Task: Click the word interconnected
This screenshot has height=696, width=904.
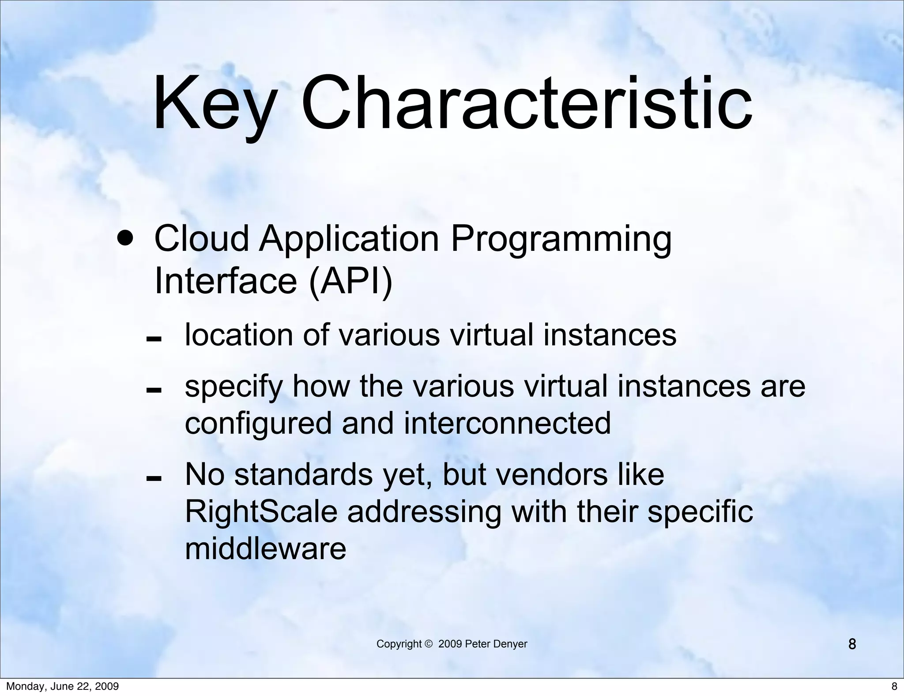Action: tap(507, 423)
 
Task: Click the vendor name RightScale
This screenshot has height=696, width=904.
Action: tap(261, 512)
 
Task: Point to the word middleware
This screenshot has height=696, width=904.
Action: tap(265, 549)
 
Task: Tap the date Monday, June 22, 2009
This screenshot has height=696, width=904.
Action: tap(62, 686)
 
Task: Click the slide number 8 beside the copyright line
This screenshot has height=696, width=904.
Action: tap(852, 644)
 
